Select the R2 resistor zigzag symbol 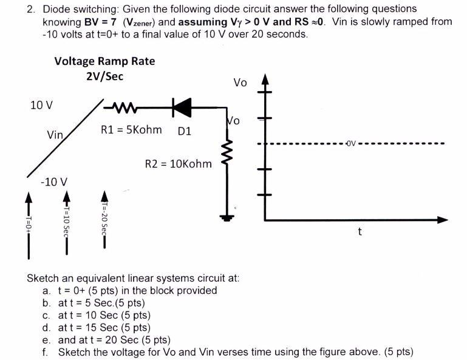click(229, 163)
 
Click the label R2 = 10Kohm click(178, 163)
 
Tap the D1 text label click(185, 131)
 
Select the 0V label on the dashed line click(353, 144)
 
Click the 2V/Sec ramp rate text click(104, 76)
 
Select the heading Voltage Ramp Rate click(104, 61)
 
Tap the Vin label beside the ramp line click(56, 135)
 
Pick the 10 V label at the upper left click(41, 104)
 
